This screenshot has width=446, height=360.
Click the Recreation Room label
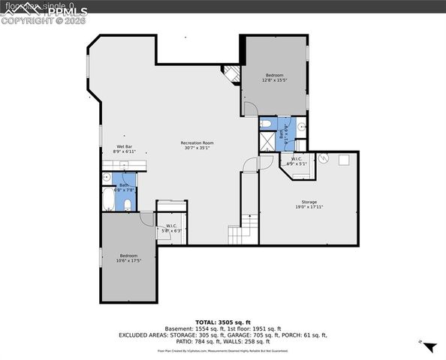click(x=197, y=142)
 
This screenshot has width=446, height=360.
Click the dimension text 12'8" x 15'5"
click(x=274, y=79)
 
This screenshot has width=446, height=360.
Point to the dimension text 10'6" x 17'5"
click(x=128, y=261)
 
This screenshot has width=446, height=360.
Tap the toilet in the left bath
click(x=128, y=204)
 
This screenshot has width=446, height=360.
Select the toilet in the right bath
click(x=267, y=124)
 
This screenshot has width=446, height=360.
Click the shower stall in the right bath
click(x=267, y=141)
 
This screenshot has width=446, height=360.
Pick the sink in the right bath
click(x=300, y=126)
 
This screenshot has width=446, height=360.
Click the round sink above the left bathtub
click(x=108, y=178)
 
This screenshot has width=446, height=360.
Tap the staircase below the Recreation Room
click(x=243, y=229)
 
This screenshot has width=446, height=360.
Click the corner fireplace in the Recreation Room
click(x=231, y=74)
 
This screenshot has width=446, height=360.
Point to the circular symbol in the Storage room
click(x=324, y=158)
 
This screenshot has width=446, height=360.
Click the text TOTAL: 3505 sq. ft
click(x=222, y=319)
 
